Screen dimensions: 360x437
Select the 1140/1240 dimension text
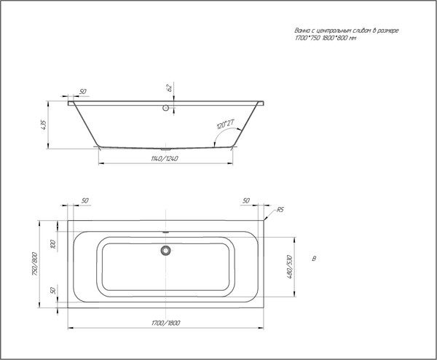(x=165, y=157)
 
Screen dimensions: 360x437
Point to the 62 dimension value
(x=169, y=88)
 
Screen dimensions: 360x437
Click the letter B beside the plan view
(x=313, y=259)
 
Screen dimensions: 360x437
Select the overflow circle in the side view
(x=168, y=109)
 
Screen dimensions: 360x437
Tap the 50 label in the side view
(x=82, y=91)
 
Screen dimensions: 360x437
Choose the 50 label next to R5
(x=245, y=200)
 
